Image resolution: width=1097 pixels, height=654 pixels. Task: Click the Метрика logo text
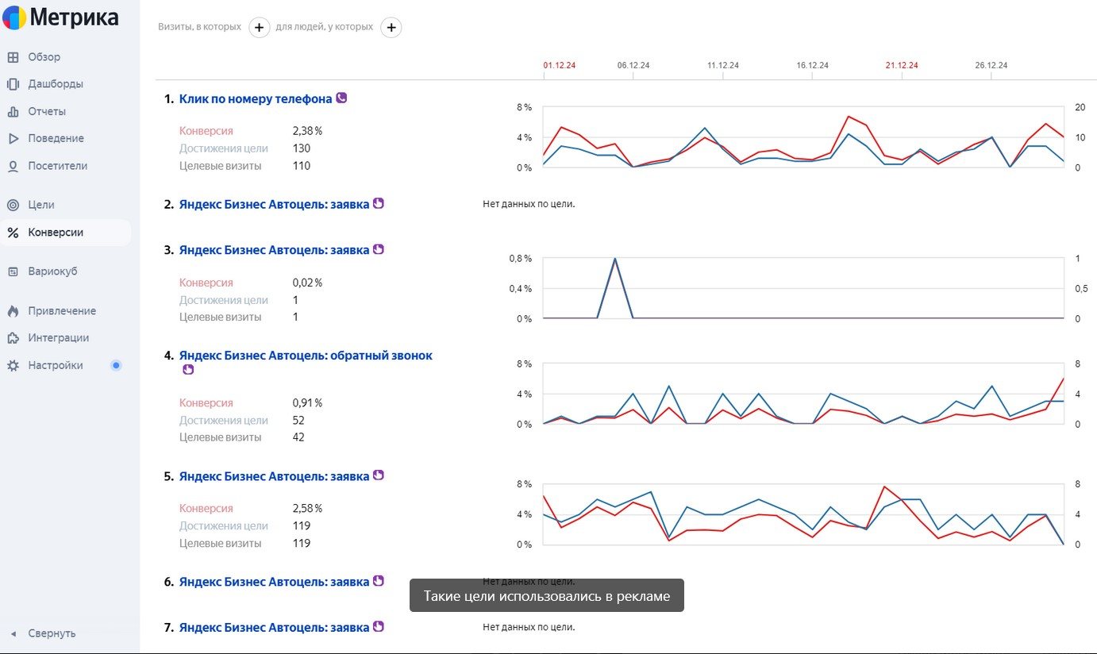[x=74, y=18]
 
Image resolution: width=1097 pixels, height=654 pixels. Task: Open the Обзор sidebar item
[x=44, y=57]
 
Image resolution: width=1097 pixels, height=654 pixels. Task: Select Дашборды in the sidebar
[x=55, y=84]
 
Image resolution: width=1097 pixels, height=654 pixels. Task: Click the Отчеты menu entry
[x=47, y=111]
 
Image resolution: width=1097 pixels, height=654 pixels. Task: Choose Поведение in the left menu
[x=56, y=138]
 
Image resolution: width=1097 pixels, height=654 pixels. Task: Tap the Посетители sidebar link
[x=57, y=166]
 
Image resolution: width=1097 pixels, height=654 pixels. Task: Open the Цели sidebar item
[x=41, y=205]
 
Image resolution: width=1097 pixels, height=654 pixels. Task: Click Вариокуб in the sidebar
[x=52, y=271]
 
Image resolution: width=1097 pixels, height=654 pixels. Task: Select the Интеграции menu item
[x=58, y=338]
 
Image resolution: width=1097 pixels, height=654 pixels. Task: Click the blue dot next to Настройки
[x=116, y=366]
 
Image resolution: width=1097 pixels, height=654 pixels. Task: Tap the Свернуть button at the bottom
[x=52, y=633]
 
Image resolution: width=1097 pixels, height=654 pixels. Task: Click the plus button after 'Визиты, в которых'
[x=260, y=28]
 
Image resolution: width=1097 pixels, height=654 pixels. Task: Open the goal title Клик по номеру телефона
[x=256, y=99]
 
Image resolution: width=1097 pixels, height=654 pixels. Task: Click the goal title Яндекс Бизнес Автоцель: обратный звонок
[x=306, y=356]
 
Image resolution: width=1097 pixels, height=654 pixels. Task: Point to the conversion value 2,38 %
[x=307, y=131]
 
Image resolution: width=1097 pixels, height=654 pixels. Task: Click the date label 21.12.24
[x=902, y=65]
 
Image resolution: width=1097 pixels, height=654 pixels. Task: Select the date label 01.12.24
[x=560, y=65]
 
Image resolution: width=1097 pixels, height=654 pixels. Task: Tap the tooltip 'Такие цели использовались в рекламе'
[x=546, y=596]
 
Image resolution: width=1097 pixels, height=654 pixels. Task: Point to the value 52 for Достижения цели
[x=298, y=421]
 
